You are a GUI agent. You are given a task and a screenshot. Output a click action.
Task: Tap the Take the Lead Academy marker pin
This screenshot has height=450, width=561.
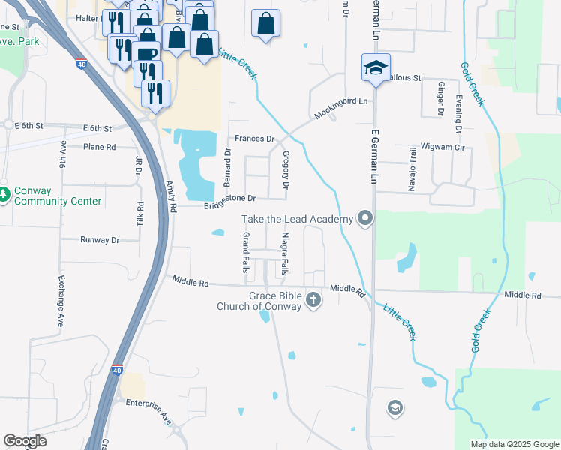[365, 219]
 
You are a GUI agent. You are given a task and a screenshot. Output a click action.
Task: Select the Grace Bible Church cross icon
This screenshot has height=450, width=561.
[313, 301]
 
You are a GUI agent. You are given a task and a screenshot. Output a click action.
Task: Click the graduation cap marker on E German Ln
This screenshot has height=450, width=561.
[374, 67]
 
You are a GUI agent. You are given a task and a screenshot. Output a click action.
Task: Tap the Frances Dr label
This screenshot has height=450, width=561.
[255, 139]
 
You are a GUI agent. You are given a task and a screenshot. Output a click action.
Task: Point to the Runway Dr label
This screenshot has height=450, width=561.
[100, 240]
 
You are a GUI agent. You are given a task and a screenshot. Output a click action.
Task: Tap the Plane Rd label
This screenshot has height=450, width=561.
[100, 147]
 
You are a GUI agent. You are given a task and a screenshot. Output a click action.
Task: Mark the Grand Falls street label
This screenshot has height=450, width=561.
[245, 252]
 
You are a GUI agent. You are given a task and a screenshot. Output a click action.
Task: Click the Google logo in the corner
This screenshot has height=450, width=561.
[25, 441]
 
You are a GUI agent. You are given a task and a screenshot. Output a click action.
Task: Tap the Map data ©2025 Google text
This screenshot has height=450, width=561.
[514, 444]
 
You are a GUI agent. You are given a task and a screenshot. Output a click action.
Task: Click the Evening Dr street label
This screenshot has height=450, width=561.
[457, 116]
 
